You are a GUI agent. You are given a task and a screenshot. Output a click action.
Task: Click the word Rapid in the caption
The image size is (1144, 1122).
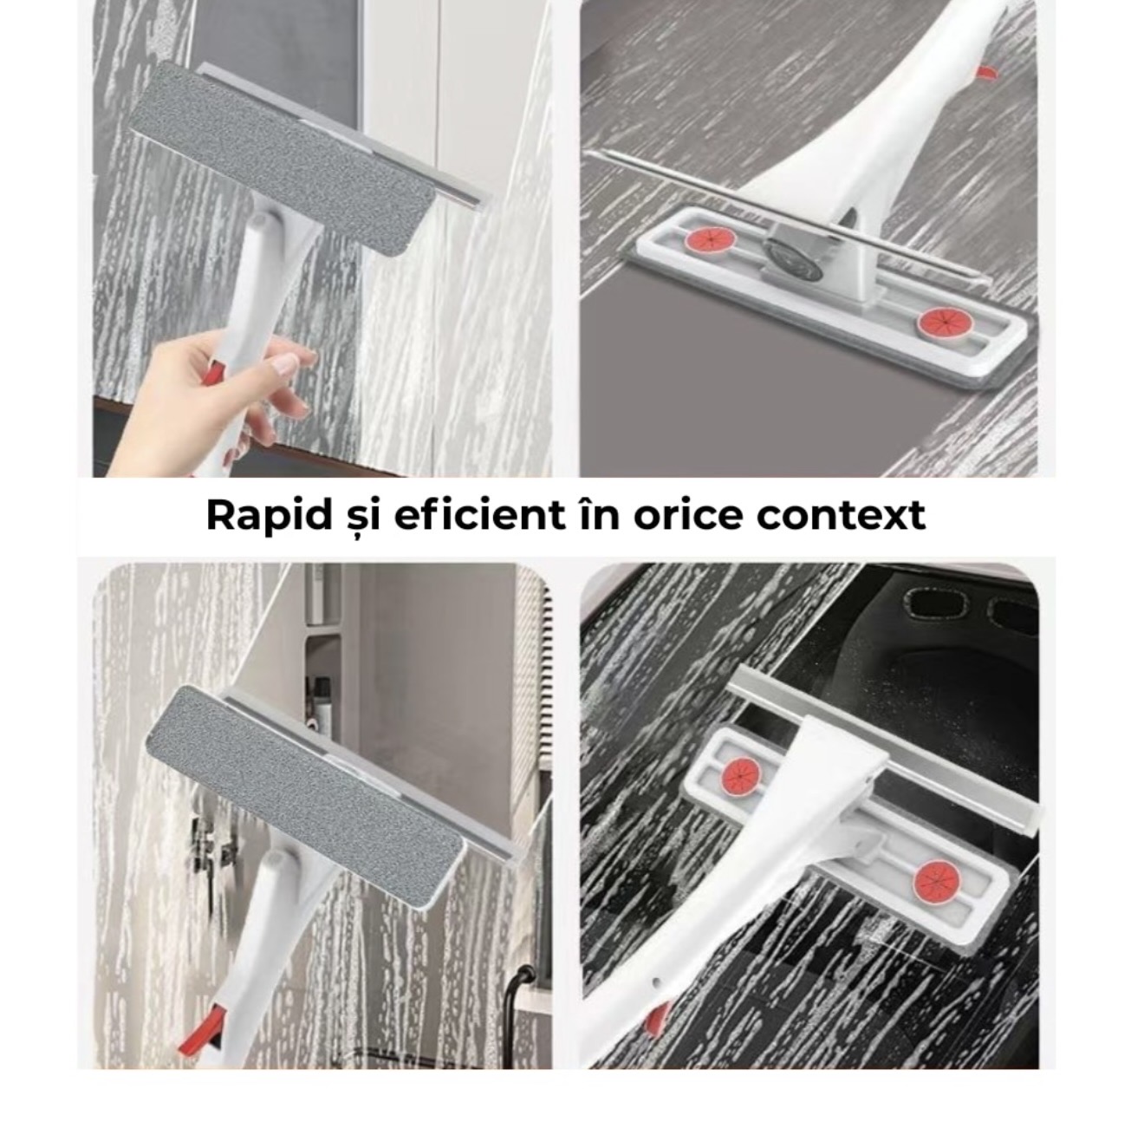pyautogui.click(x=269, y=516)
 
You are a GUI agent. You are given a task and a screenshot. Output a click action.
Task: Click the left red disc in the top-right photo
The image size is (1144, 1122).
pyautogui.click(x=710, y=238)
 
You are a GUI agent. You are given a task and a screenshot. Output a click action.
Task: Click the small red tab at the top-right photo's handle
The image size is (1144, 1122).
pyautogui.click(x=986, y=73)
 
